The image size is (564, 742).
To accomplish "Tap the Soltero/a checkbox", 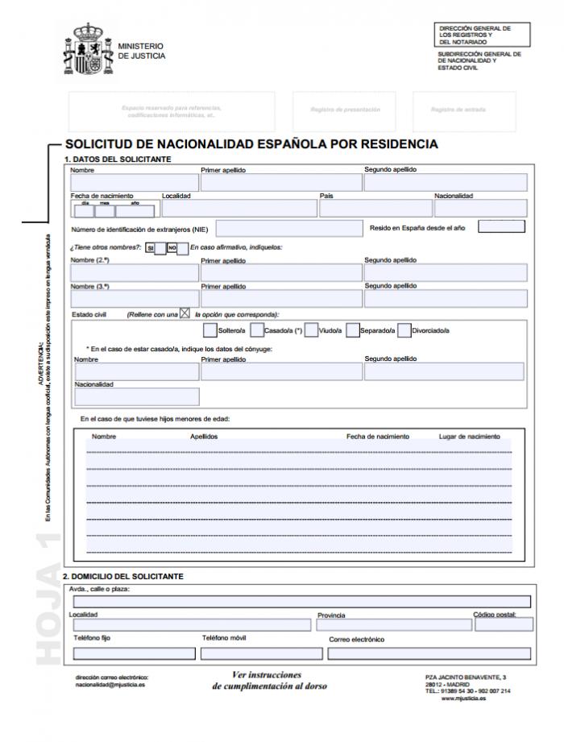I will point(210,330).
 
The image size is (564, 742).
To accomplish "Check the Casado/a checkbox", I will point(257,330).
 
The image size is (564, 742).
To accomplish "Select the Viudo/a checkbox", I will point(311,330).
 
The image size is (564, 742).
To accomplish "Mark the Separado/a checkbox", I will point(352,330).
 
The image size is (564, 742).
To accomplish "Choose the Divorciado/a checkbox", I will point(404,330).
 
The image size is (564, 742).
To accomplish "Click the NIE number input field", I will point(284,228).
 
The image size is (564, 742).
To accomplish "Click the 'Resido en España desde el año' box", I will point(500,226).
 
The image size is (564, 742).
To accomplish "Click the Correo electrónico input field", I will point(429,653).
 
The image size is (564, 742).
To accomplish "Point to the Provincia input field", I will point(392,624).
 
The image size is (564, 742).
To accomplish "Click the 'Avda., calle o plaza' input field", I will point(301,601).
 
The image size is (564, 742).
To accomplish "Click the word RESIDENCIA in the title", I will point(392,145).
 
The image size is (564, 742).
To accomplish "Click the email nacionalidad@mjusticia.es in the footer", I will point(110,686).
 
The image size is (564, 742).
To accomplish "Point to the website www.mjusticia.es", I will point(463,698).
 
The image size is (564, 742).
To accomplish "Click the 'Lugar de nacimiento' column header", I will point(469,437).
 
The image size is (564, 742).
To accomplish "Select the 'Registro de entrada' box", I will point(458,110).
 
